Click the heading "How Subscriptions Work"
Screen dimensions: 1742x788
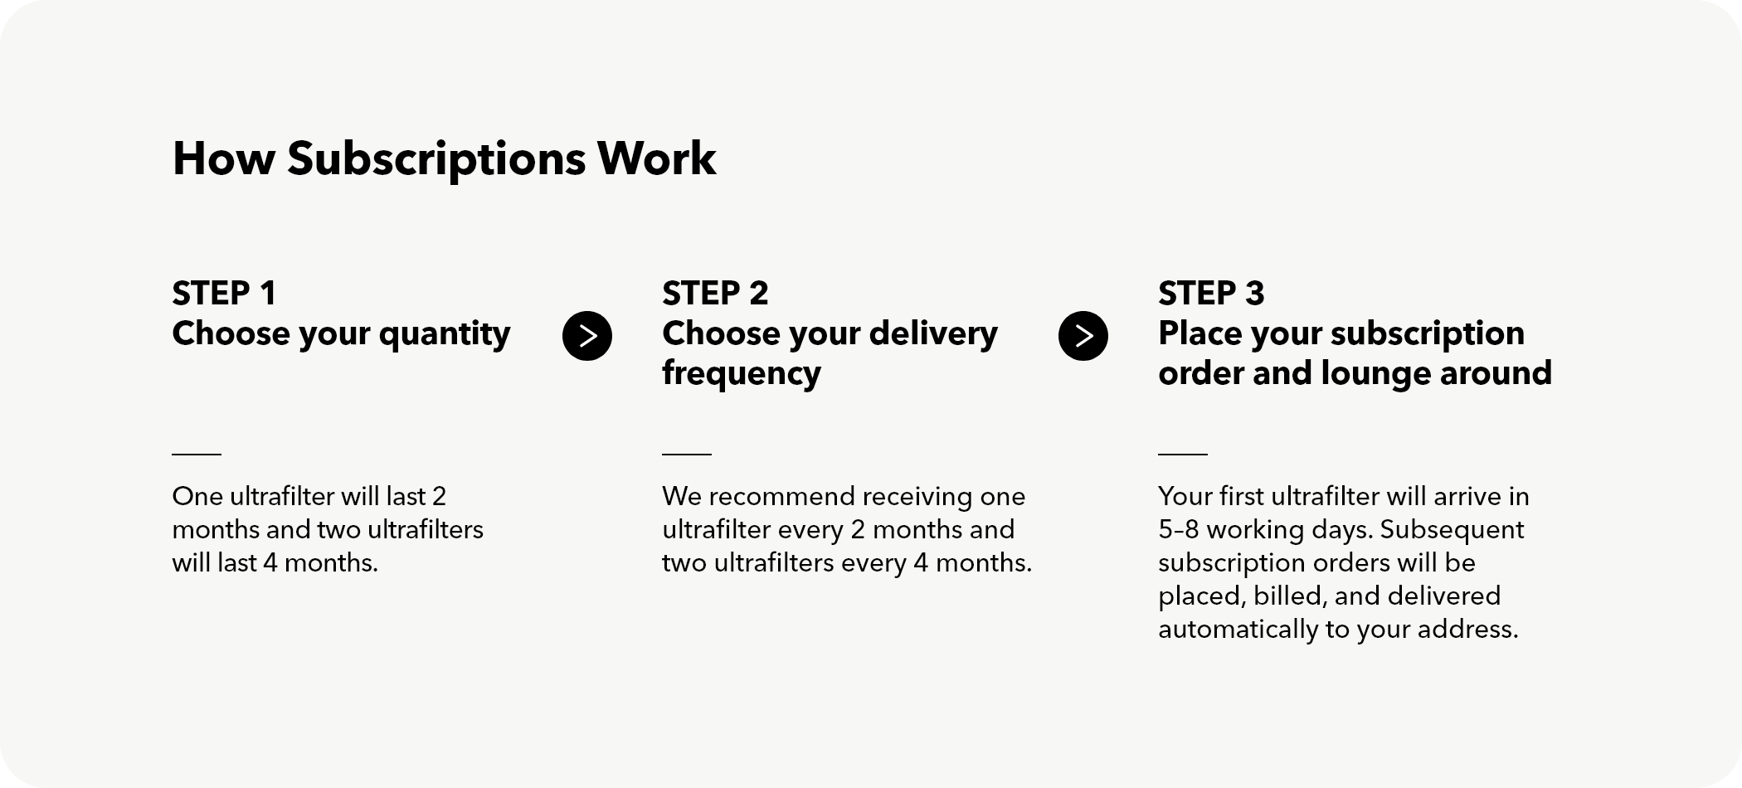point(444,158)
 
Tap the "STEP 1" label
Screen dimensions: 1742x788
point(224,293)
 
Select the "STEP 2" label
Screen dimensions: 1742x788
point(715,293)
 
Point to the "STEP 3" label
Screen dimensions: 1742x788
point(1211,293)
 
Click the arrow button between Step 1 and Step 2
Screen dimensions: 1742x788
point(587,336)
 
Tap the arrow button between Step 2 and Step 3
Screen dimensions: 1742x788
point(1083,336)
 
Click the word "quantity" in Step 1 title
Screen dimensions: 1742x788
point(445,335)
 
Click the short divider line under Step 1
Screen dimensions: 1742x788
point(197,454)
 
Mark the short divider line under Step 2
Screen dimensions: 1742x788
point(687,454)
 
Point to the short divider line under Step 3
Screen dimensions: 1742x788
point(1183,454)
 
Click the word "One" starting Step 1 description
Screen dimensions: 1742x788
point(197,496)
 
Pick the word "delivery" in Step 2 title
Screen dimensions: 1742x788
point(933,335)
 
